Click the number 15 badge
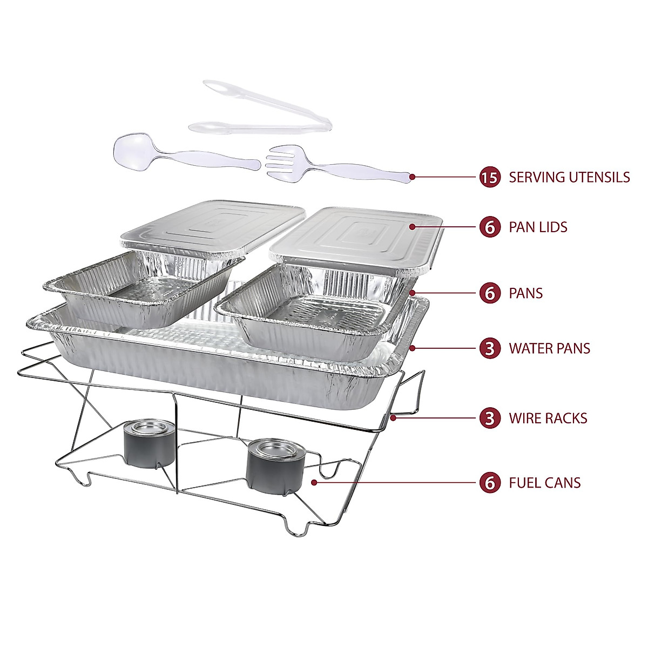(489, 177)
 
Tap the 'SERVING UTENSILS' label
(569, 177)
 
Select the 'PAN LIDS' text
(538, 227)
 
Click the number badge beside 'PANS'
(489, 293)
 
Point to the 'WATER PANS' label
(549, 348)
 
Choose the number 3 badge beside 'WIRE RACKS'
(489, 418)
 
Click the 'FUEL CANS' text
(544, 482)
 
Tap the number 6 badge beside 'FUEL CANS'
(489, 482)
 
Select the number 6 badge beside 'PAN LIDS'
(489, 227)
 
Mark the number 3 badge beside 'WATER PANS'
(489, 348)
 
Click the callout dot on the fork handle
(412, 176)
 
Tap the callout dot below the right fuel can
(314, 482)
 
